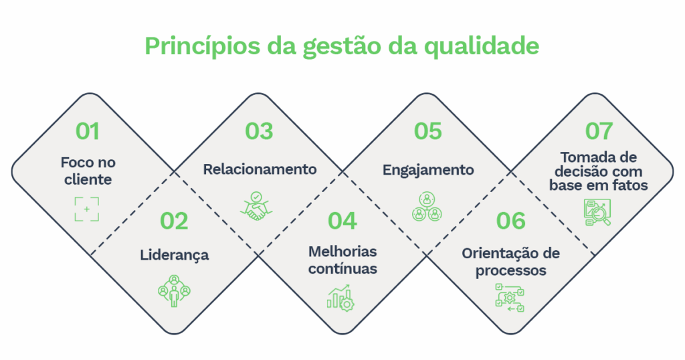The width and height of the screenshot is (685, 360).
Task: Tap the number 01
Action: click(x=88, y=130)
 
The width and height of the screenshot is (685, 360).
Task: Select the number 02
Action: click(x=174, y=221)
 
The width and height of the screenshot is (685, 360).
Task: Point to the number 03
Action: click(x=259, y=130)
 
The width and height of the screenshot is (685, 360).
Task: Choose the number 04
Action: click(x=342, y=221)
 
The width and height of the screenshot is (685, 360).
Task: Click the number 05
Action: click(x=428, y=130)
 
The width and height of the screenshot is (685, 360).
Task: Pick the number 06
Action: click(x=511, y=221)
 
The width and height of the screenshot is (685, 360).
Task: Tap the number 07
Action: click(x=599, y=130)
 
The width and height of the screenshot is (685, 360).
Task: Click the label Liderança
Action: click(x=174, y=255)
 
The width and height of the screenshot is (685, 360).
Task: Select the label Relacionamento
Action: click(x=260, y=169)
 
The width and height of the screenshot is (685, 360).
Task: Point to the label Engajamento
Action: click(x=428, y=170)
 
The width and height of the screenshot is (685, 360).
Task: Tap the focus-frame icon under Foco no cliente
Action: click(x=87, y=209)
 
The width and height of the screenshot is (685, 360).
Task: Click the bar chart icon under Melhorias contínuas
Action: click(x=340, y=297)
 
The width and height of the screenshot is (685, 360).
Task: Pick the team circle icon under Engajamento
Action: click(x=427, y=207)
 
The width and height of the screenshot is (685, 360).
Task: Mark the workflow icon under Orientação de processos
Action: click(x=510, y=297)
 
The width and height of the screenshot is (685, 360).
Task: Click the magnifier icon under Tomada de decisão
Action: click(x=597, y=212)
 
